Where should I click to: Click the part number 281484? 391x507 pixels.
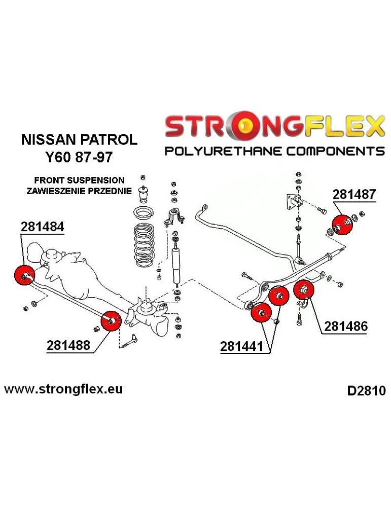point(43,228)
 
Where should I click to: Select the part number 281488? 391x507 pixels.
point(68,346)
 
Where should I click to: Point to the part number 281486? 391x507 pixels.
point(346,327)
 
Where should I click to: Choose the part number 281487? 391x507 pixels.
point(354,195)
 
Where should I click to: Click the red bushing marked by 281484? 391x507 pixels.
point(24,275)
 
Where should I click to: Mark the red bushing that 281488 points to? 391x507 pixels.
point(111,321)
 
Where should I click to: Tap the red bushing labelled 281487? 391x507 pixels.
point(341,225)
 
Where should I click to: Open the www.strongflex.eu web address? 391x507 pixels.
point(63,389)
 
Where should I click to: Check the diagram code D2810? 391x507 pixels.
point(366,391)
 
